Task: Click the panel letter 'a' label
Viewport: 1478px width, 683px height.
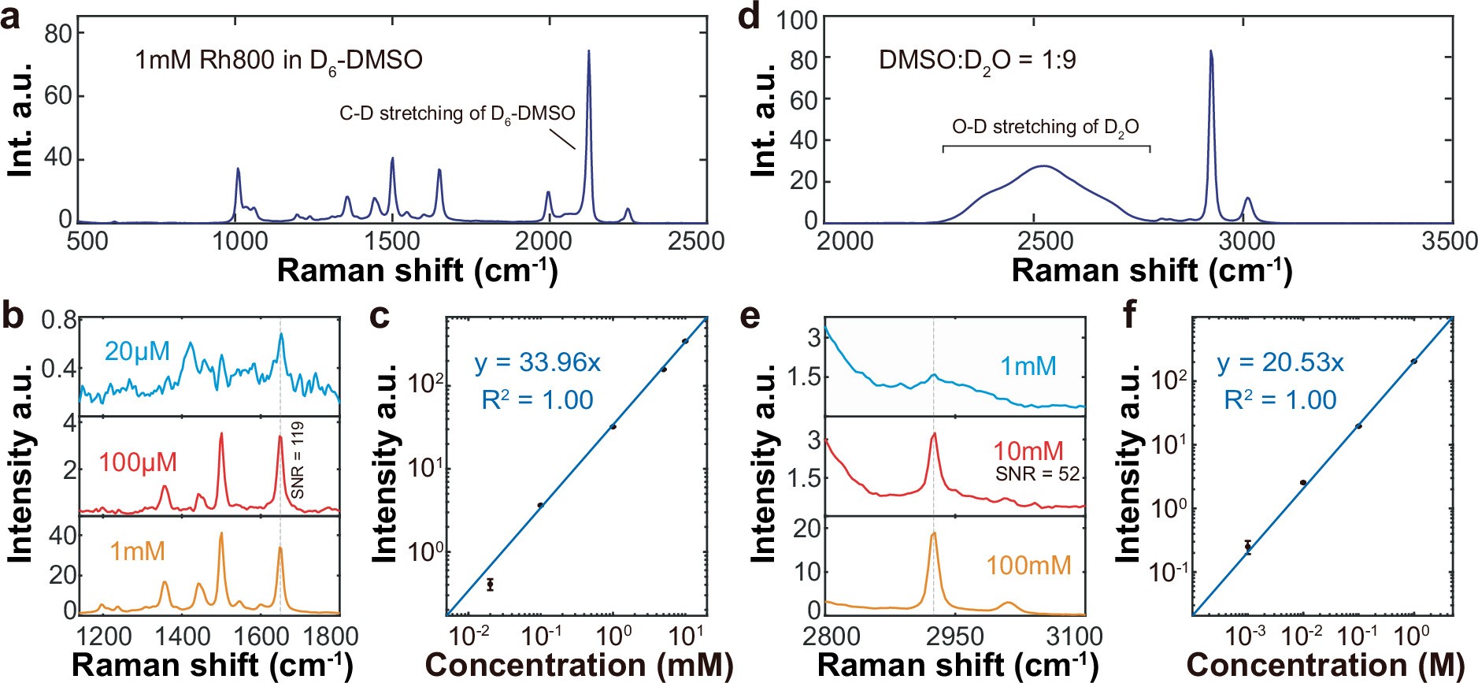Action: point(11,17)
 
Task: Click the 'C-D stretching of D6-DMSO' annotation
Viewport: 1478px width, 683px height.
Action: point(457,114)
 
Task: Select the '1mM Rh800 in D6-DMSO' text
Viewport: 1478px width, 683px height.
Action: point(279,61)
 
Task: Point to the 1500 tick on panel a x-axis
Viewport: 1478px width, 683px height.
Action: point(391,241)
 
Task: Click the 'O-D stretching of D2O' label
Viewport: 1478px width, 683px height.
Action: point(1045,128)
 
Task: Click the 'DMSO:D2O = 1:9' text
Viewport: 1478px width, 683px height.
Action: point(977,61)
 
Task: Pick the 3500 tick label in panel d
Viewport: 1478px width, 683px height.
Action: point(1449,241)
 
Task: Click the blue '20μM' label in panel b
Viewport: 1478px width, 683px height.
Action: point(137,351)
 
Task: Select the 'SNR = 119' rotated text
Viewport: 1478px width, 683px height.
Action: point(298,460)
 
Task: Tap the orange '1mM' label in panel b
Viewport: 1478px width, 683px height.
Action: point(137,551)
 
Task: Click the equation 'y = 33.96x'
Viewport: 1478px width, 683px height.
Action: point(537,362)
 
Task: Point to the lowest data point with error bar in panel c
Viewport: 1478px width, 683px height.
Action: point(491,585)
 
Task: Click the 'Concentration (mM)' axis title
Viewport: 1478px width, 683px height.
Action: point(579,665)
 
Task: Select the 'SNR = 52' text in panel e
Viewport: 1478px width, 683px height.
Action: point(1036,474)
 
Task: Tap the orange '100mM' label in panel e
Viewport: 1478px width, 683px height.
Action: point(1028,565)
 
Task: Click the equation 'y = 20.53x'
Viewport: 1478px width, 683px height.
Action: point(1280,362)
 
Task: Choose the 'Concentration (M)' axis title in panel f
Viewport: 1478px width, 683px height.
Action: point(1324,665)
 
